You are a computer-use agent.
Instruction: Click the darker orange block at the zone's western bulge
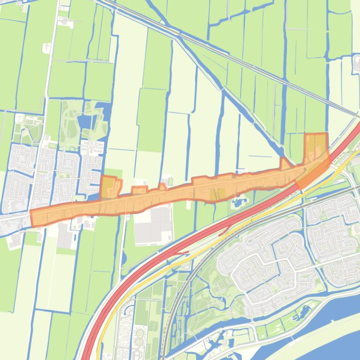tap(108, 187)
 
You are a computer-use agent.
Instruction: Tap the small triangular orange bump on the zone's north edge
tap(285, 164)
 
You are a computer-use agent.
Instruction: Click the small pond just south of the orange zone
tap(238, 202)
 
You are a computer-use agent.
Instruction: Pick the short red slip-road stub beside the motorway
tap(180, 253)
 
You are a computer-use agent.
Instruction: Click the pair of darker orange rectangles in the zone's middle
tap(216, 194)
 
